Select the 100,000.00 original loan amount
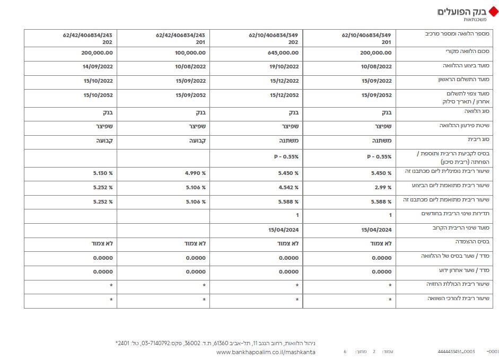coord(190,53)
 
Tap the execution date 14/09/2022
coord(98,67)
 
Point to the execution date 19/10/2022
coord(284,67)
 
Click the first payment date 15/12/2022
coord(284,81)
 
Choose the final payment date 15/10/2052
coord(98,95)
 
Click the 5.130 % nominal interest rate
coord(102,173)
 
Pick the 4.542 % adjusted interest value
coord(288,187)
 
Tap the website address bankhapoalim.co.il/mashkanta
coord(266,352)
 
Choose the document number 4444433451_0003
coord(456,352)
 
